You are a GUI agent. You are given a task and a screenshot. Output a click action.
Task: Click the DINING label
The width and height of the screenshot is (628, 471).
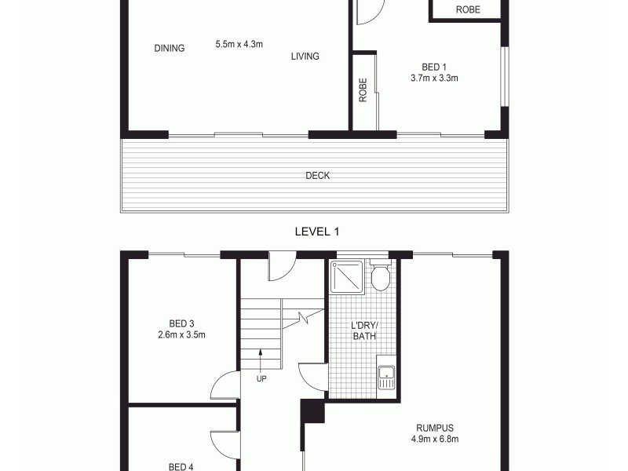[169, 48]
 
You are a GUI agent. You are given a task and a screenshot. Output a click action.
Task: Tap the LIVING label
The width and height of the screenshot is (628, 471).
[305, 56]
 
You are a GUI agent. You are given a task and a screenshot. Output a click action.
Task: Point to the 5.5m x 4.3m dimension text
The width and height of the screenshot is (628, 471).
[239, 44]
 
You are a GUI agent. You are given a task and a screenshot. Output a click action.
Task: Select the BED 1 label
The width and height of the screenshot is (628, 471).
[434, 67]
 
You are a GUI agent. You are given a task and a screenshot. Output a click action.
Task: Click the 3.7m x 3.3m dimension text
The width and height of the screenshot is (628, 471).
[434, 78]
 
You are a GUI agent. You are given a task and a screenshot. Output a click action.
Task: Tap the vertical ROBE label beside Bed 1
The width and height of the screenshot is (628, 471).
[363, 91]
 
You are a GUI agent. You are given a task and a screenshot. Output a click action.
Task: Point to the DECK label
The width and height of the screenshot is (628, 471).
[317, 176]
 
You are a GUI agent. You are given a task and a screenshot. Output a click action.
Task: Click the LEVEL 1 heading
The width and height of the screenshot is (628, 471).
[316, 231]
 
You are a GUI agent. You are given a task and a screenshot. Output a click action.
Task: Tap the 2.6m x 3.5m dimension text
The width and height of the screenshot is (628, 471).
[181, 334]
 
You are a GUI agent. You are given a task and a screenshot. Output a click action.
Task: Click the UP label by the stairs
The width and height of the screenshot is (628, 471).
[261, 378]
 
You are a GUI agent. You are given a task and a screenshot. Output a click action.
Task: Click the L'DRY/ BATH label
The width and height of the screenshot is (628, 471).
[363, 330]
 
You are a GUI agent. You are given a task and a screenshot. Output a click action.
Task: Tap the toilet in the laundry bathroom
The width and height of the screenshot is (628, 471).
[381, 277]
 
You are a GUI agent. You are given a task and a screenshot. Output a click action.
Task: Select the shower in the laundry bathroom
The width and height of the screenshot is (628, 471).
[348, 276]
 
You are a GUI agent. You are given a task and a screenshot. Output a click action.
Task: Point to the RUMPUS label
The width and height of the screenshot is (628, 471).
[435, 428]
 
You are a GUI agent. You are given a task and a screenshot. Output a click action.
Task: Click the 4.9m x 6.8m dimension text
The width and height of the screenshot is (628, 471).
[435, 439]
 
